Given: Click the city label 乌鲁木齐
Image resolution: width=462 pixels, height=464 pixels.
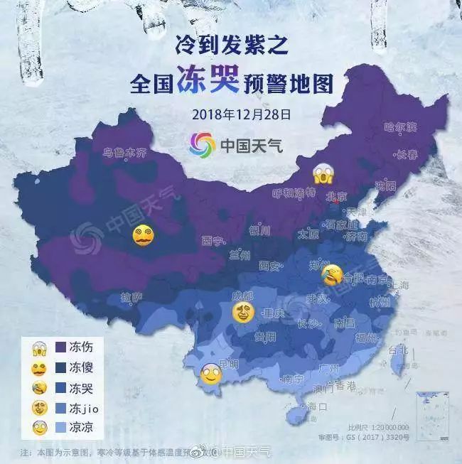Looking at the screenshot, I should pyautogui.click(x=125, y=152).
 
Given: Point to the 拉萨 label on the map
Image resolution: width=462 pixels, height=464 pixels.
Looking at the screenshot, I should pyautogui.click(x=131, y=297).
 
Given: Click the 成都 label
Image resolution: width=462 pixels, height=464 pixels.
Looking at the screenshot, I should pyautogui.click(x=243, y=295).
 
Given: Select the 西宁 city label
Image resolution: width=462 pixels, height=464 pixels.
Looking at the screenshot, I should pyautogui.click(x=213, y=240).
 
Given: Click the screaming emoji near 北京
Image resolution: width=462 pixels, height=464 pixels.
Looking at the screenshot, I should pyautogui.click(x=324, y=173).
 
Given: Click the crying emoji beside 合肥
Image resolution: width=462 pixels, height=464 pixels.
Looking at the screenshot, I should pyautogui.click(x=331, y=275).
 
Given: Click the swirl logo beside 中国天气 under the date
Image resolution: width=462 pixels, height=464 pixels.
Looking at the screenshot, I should pyautogui.click(x=202, y=144).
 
